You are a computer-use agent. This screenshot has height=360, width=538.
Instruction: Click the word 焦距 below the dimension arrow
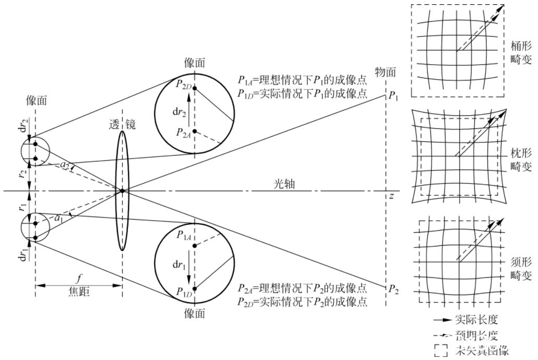78,292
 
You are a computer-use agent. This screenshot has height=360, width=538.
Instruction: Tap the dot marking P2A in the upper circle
195,131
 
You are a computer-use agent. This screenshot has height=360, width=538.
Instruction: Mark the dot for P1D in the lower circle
195,289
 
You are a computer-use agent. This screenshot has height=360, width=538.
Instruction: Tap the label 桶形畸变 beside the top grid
521,52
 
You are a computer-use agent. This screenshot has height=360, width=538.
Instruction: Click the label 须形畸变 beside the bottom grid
521,267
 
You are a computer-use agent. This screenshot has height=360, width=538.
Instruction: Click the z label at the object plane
391,196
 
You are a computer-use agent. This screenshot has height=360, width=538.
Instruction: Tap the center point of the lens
122,191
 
